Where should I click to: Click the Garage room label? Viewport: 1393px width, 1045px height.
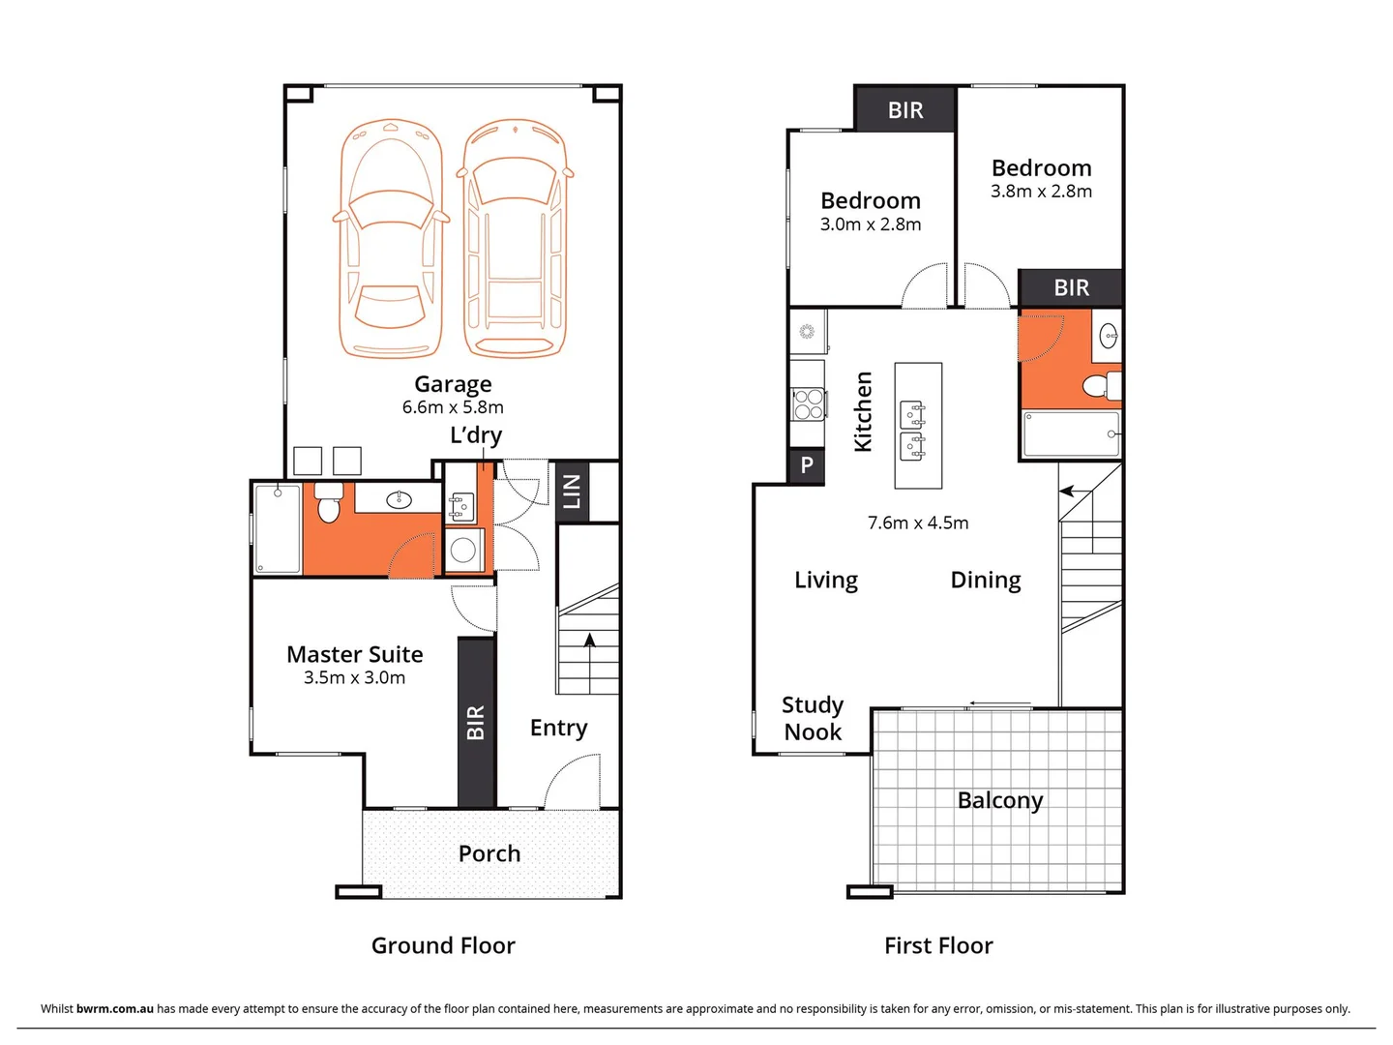[x=453, y=384]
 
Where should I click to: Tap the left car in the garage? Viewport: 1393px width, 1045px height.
[x=392, y=238]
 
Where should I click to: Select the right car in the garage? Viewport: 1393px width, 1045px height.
[x=515, y=238]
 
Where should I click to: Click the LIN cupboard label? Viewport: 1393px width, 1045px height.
[x=572, y=492]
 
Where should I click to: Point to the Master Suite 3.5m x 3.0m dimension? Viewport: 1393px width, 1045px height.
[x=354, y=677]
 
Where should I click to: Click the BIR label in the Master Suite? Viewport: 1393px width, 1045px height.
[x=475, y=723]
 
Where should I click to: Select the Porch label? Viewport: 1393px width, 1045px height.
[x=489, y=853]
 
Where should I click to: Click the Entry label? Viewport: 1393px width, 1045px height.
[x=558, y=728]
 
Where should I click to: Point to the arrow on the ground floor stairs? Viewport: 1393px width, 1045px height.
[x=589, y=639]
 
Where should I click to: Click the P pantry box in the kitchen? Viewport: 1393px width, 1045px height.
[x=807, y=465]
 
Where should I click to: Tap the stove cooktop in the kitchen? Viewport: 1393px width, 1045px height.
[x=808, y=403]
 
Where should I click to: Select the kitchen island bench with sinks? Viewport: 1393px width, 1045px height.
[x=917, y=426]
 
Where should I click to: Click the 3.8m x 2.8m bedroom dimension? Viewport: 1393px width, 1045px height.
[x=1041, y=192]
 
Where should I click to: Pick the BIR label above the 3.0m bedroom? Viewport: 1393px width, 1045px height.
[x=905, y=110]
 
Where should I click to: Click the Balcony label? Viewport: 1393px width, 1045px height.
[x=999, y=800]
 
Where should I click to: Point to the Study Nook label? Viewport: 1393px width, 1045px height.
[x=813, y=718]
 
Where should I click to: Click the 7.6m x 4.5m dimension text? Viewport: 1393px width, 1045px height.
[x=917, y=522]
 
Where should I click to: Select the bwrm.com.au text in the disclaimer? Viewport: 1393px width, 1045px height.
[x=114, y=1008]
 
